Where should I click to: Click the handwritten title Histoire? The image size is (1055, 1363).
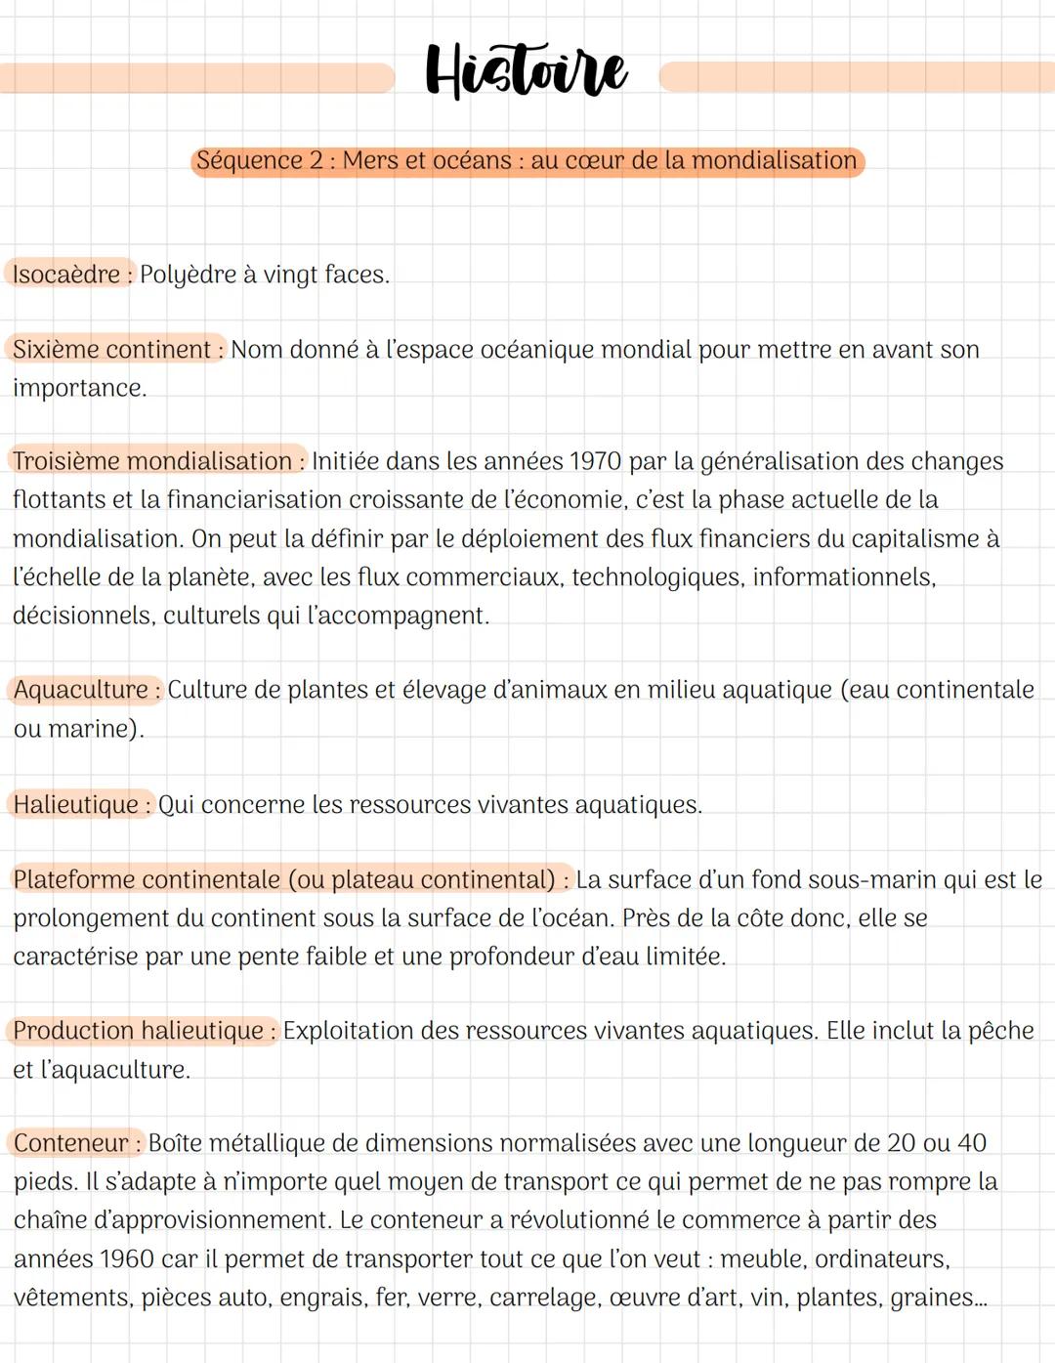527,70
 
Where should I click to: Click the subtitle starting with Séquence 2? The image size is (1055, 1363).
527,160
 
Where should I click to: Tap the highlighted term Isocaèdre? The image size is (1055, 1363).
67,275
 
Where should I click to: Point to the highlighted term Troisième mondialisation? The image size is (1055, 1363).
154,461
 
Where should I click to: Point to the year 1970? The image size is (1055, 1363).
595,461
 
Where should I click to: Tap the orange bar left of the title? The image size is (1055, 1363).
195,77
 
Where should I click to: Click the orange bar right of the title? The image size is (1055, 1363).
856,77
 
